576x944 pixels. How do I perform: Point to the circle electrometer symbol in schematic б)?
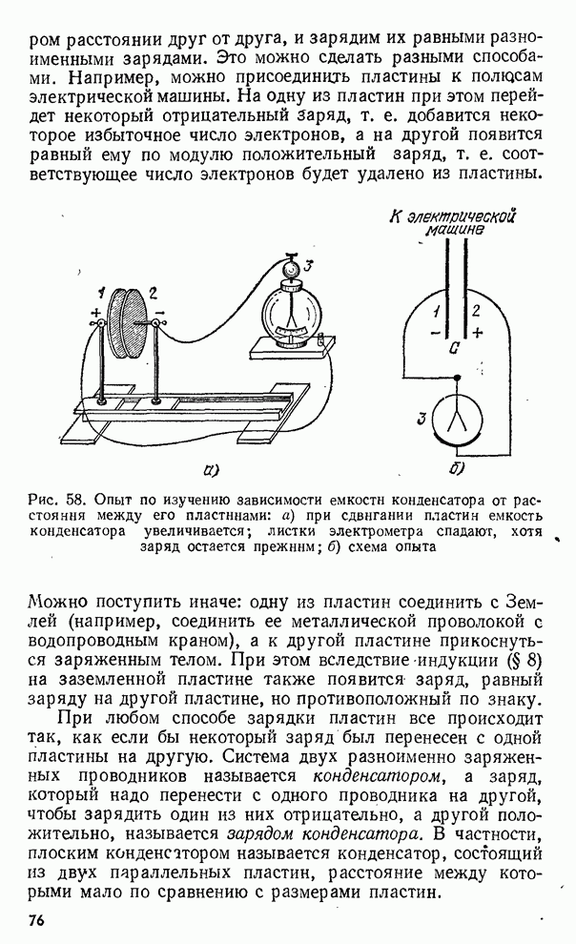[456, 421]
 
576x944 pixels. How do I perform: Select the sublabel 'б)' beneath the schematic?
[456, 469]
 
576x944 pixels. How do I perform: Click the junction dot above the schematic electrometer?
[456, 379]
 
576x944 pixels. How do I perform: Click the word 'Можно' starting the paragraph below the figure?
[59, 603]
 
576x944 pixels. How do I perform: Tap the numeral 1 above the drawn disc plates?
[102, 292]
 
